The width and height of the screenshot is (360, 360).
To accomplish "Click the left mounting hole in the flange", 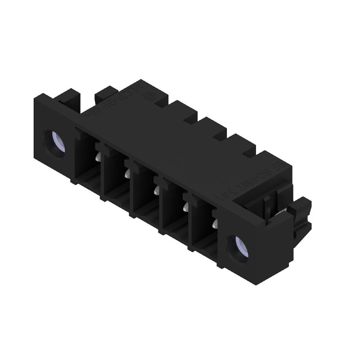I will pyautogui.click(x=55, y=144).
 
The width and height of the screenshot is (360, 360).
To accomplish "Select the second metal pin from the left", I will pyautogui.click(x=127, y=173).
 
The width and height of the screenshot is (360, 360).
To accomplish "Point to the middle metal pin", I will pyautogui.click(x=156, y=190).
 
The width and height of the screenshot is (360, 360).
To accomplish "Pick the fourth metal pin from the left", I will pyautogui.click(x=185, y=207).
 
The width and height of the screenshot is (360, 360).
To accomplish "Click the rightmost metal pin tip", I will pyautogui.click(x=215, y=223).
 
